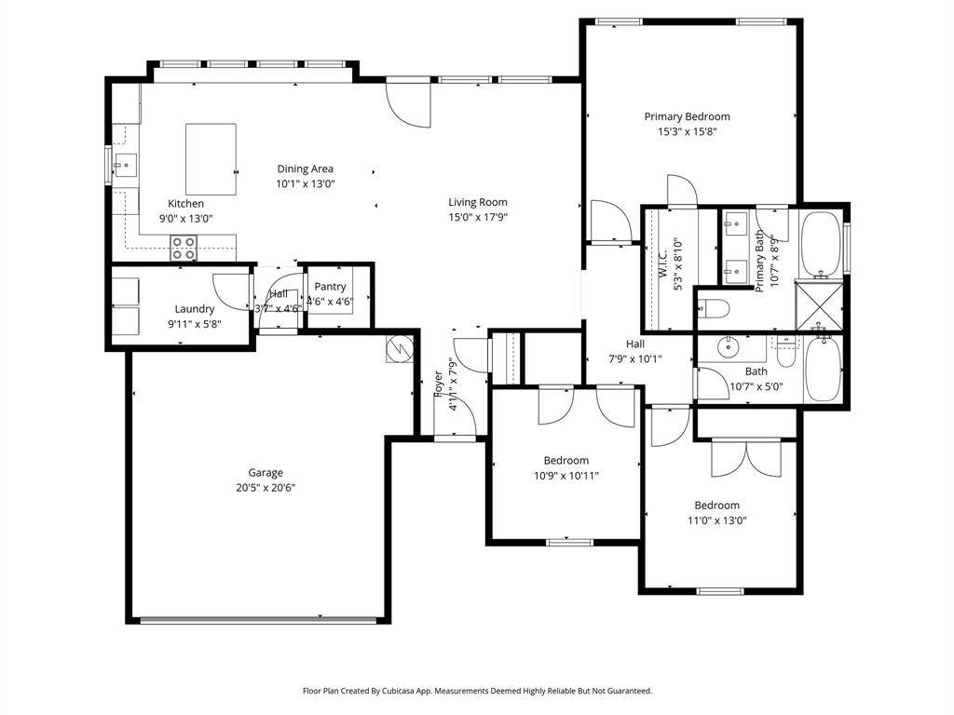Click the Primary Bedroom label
pos(687,116)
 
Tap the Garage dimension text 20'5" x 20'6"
pos(266,488)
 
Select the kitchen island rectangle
pos(211,159)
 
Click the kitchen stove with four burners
pos(184,248)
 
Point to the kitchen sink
pos(126,165)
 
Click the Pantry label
pos(331,287)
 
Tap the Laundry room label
pos(195,309)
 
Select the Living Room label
pos(478,202)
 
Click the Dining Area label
pos(306,169)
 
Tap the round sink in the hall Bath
pos(728,347)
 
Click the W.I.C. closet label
pos(663,263)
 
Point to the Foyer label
pos(438,384)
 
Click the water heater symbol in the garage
pos(400,350)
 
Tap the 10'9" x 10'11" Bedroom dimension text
pos(566,476)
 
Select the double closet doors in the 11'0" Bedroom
pos(746,457)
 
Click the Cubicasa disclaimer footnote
pos(478,691)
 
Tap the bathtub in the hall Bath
pos(823,369)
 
